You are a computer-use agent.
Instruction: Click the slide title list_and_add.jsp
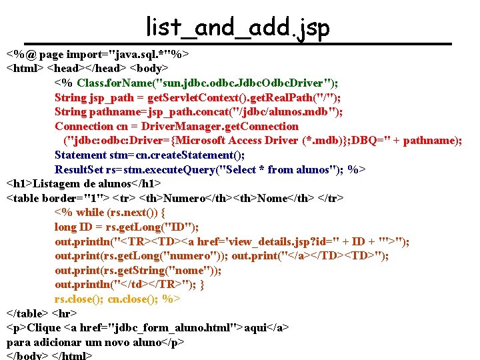pyautogui.click(x=238, y=28)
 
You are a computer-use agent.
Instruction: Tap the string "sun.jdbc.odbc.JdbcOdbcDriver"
pyautogui.click(x=244, y=83)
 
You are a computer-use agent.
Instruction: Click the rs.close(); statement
pyautogui.click(x=78, y=299)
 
